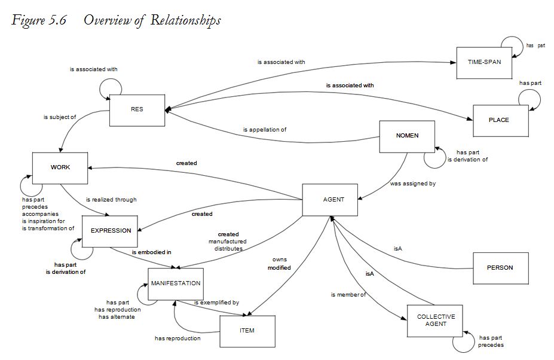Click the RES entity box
pos(137,110)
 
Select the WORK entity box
pos(60,167)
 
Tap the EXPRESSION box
pos(111,231)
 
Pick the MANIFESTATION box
pos(176,283)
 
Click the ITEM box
pos(247,331)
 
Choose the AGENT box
pos(333,200)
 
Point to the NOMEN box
pos(407,136)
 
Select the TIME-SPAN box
pos(483,63)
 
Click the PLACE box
pos(499,120)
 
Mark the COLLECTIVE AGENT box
pos(436,321)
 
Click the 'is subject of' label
pos(60,117)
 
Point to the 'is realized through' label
pos(111,200)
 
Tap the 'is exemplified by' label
pos(216,303)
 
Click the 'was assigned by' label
pos(409,184)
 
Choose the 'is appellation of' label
pos(265,130)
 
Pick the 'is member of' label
pos(348,295)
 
